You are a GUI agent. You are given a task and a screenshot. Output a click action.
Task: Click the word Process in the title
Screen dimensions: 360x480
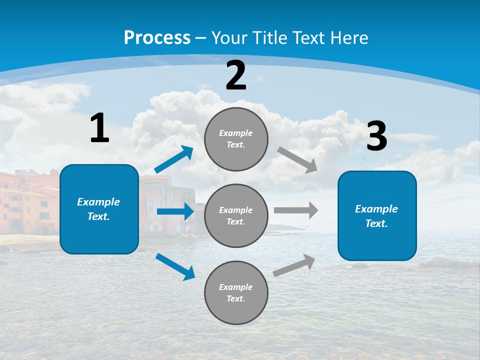[x=157, y=37]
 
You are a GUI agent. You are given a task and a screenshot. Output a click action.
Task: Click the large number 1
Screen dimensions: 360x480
[x=99, y=128]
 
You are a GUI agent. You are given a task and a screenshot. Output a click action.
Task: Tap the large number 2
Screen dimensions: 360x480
[x=236, y=75]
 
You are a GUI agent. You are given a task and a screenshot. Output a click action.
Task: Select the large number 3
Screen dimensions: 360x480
[x=376, y=136]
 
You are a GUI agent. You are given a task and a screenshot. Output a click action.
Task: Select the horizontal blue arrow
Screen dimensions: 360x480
[x=175, y=211]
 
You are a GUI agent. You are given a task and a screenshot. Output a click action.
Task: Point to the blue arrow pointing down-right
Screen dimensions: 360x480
[x=175, y=266]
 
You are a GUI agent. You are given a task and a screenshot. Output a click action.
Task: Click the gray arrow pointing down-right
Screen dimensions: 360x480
[x=297, y=160]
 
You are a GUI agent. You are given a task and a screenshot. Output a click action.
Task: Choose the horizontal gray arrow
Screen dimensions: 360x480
[x=295, y=210]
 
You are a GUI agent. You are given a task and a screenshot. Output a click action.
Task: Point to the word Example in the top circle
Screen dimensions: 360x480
[x=235, y=133]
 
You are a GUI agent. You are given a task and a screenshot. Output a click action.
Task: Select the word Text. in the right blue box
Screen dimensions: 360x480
[x=376, y=223]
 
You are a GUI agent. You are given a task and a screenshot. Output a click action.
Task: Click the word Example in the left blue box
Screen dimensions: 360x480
[x=98, y=202]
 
